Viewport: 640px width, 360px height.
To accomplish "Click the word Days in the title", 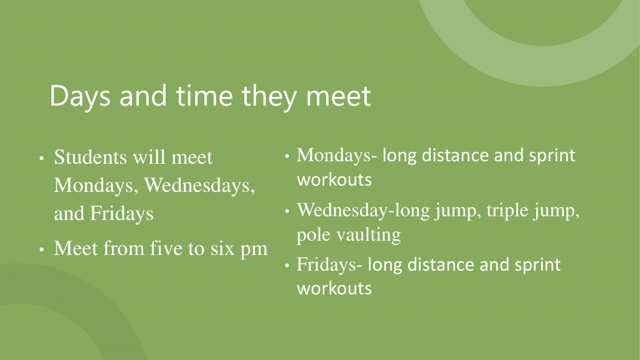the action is coord(80,96).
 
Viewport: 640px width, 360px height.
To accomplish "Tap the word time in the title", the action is coord(205,96).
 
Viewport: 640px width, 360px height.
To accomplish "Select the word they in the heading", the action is coord(269,97).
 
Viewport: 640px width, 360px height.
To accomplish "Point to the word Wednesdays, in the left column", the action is coord(199,185).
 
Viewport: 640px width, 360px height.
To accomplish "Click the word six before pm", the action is coord(222,248).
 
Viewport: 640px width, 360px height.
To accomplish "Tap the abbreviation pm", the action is coord(254,250).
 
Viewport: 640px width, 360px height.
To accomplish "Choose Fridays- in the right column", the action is coord(329,265).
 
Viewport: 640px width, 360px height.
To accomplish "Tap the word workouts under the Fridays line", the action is coord(334,288).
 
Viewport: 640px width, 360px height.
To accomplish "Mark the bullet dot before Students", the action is coord(42,158).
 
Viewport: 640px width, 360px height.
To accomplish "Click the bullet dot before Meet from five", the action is coord(42,249).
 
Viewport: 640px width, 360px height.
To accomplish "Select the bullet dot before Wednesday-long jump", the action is coord(287,211).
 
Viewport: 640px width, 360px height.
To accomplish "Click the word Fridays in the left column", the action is coord(122,214).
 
